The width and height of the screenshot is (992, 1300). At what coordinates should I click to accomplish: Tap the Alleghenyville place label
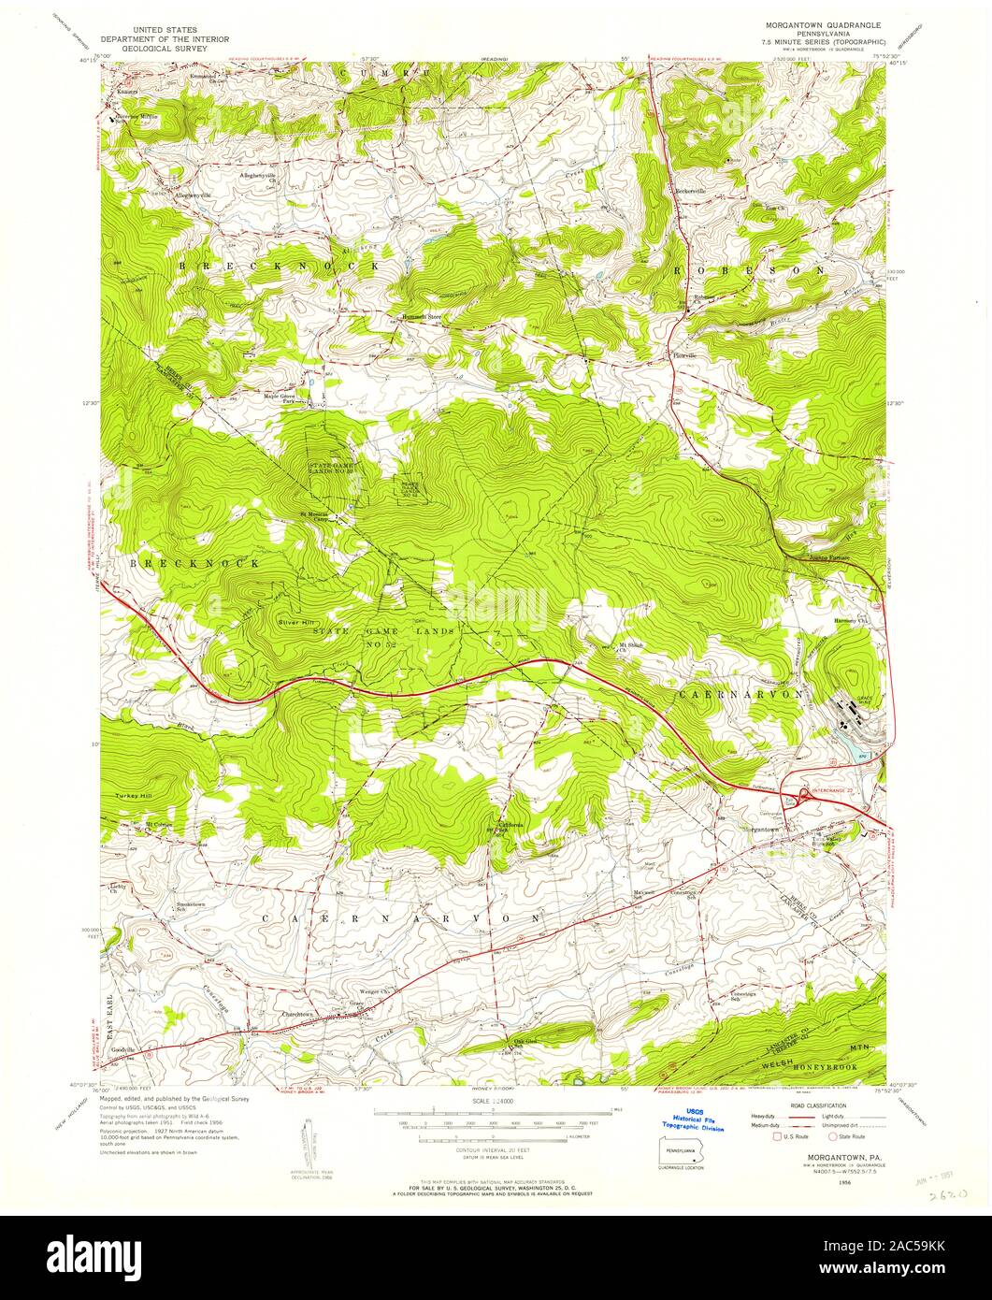point(187,193)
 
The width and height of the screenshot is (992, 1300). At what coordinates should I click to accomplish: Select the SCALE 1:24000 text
point(496,1103)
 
